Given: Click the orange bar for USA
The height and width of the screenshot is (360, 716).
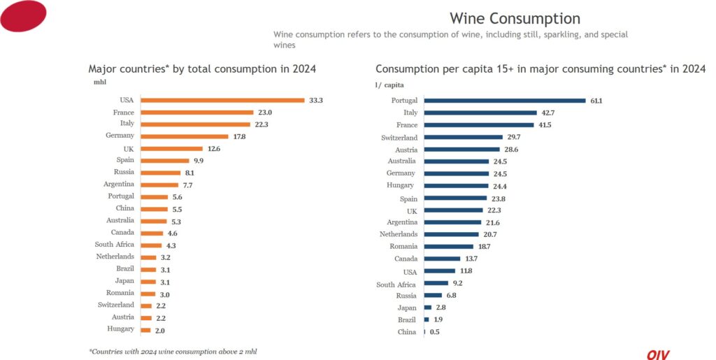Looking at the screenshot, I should click(x=222, y=100).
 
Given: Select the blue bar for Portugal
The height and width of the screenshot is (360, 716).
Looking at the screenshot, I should click(x=504, y=101).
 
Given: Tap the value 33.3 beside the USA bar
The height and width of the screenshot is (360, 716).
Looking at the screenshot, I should click(x=316, y=100).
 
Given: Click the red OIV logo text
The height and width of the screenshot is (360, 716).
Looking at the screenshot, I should click(x=657, y=354).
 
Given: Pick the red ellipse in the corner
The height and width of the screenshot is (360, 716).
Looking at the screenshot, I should click(x=23, y=15).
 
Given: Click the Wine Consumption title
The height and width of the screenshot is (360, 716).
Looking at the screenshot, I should click(x=515, y=18).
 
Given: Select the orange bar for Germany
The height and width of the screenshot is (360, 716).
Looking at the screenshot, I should click(x=185, y=136).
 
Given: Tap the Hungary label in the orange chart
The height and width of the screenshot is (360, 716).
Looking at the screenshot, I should click(x=120, y=329).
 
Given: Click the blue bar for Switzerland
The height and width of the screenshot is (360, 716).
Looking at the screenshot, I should click(x=463, y=138).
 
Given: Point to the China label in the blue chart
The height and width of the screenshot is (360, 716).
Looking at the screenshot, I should click(x=406, y=332).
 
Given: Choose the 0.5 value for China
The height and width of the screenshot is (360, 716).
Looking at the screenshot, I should click(x=434, y=332).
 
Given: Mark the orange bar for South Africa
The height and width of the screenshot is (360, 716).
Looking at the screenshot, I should click(x=151, y=245).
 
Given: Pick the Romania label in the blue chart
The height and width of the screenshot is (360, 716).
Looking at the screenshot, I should click(x=403, y=246).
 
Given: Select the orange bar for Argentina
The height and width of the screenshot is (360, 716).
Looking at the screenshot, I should click(x=160, y=185).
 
